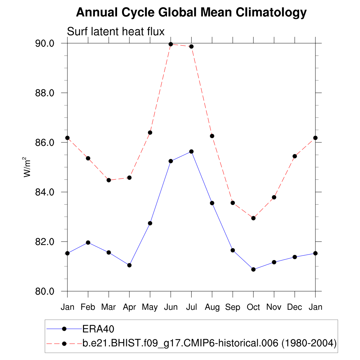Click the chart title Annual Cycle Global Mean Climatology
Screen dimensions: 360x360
(191, 13)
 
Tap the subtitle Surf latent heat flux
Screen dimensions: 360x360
(116, 32)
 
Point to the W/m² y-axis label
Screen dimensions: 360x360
(27, 167)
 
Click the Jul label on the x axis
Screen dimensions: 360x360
(191, 307)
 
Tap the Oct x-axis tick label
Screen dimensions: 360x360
(253, 307)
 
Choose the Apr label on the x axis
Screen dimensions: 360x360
(129, 307)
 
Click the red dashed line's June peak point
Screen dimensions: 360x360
(171, 44)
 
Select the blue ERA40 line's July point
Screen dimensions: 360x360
(191, 152)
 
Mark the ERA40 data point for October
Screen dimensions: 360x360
(253, 269)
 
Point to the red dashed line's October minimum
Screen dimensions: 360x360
(253, 218)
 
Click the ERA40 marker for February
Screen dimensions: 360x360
(88, 243)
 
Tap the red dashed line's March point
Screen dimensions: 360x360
(109, 180)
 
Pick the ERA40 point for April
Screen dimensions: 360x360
(129, 265)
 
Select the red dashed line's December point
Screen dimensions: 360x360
(295, 156)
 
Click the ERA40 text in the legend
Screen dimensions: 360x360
(99, 329)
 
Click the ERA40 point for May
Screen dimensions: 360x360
(150, 223)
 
